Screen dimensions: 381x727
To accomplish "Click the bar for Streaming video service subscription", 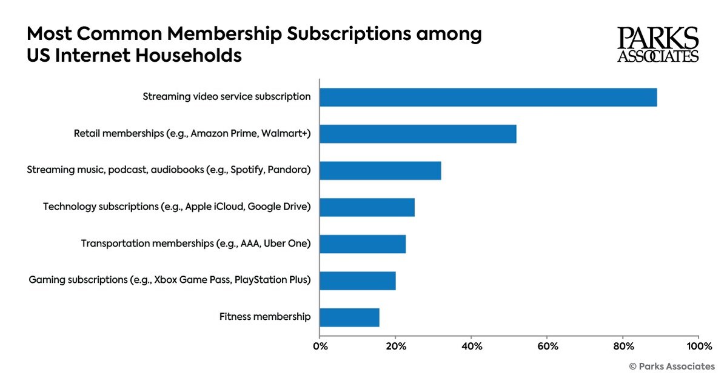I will coord(488,97).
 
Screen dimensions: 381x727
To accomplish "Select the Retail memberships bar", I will coord(418,134).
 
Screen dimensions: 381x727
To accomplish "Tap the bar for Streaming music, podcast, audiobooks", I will coord(380,171).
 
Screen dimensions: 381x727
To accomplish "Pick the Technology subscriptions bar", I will coord(367,207).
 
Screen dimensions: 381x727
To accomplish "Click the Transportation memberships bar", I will coord(363,244).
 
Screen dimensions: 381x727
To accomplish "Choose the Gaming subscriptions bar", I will coord(358,281).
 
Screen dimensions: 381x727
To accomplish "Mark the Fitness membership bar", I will coord(349,317).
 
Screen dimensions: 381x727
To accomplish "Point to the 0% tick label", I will coord(320,346).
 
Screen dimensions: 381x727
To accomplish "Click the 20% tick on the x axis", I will coord(395,346).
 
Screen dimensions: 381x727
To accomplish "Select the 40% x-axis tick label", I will coord(471,346).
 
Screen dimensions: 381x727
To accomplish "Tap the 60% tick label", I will coord(547,346).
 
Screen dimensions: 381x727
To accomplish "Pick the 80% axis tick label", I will coord(623,346).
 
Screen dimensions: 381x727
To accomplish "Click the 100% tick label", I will coord(699,346).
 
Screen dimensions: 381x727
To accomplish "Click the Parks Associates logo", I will coord(658,45).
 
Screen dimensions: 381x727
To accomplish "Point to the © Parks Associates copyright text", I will coord(672,366).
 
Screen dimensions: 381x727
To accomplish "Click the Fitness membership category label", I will coord(265,317).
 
